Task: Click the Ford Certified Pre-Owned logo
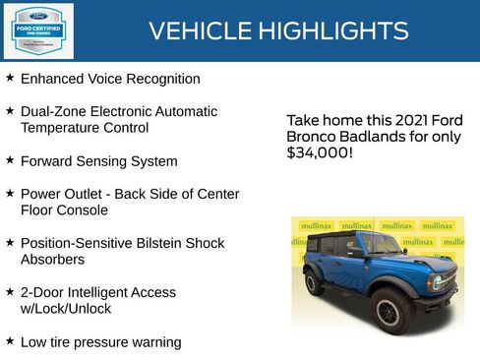pos(36,30)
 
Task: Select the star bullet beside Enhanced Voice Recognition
pos(10,78)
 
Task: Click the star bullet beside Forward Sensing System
pos(10,160)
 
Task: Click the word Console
pos(81,210)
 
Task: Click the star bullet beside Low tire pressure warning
pos(10,341)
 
